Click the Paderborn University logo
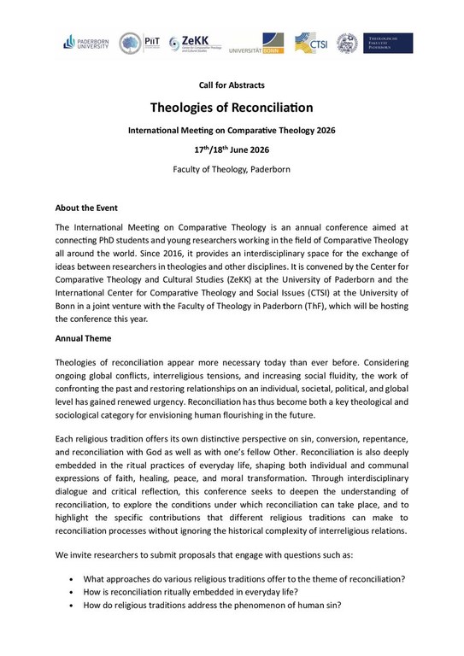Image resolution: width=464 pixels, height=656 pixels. point(86,42)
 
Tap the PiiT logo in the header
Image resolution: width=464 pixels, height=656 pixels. point(139,43)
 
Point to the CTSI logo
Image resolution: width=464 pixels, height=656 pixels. point(310,43)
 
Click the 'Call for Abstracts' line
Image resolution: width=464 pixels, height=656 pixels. point(232,85)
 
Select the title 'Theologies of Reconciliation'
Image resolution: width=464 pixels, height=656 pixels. point(232,108)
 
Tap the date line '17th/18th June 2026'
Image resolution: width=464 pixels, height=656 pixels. point(232,149)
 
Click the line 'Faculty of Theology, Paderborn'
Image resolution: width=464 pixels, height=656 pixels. point(232,169)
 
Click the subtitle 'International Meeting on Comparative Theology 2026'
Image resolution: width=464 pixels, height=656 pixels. point(232,130)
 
